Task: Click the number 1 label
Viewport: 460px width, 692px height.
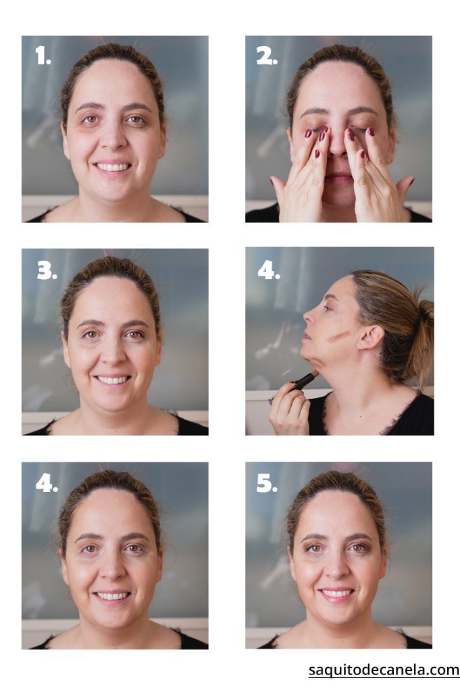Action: point(43,56)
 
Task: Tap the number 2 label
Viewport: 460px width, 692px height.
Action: point(267,56)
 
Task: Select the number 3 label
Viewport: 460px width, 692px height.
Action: point(47,270)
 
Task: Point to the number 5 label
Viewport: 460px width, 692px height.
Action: point(267,483)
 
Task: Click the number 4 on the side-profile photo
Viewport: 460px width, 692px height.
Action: point(269,270)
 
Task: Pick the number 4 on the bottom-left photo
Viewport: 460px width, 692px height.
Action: point(47,483)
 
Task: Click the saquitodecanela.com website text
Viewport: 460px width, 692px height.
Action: point(384,670)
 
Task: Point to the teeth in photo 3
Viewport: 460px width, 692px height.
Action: point(113,380)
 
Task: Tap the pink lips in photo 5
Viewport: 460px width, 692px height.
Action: point(337,593)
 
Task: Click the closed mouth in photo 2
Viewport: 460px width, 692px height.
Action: point(338,178)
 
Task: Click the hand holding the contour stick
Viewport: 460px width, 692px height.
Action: point(289,413)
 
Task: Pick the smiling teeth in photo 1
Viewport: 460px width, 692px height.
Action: point(113,167)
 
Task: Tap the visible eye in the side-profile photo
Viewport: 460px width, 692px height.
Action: point(326,307)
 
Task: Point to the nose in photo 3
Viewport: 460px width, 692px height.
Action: point(113,353)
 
